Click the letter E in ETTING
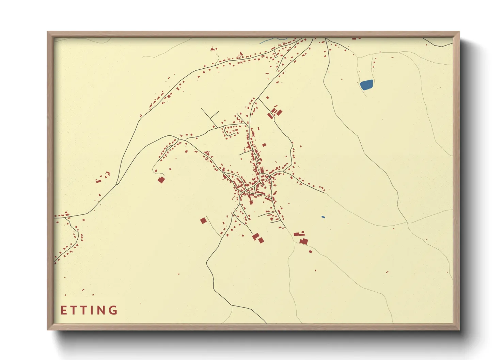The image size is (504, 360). (x=63, y=310)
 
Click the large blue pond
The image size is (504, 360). (x=366, y=84)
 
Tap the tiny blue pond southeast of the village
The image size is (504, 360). (x=323, y=217)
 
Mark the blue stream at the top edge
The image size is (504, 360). (x=269, y=40)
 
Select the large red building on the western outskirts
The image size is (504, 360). (x=161, y=180)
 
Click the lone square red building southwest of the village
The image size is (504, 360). (x=203, y=220)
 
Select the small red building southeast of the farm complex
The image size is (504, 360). (x=311, y=251)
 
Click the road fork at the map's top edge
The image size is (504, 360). (x=326, y=38)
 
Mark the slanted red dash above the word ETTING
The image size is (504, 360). (x=83, y=290)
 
